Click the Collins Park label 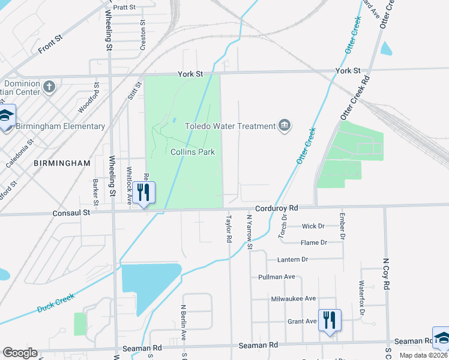tap(193, 152)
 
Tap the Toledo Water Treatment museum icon tap(285, 125)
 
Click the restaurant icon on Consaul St tap(143, 193)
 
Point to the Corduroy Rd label tap(276, 208)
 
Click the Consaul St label tap(71, 212)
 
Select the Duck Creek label tap(55, 303)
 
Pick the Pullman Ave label tap(277, 277)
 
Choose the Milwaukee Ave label tap(294, 298)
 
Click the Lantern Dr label tap(292, 259)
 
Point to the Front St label tap(50, 42)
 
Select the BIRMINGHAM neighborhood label tap(62, 163)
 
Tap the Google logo tap(20, 353)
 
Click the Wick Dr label tap(313, 226)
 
